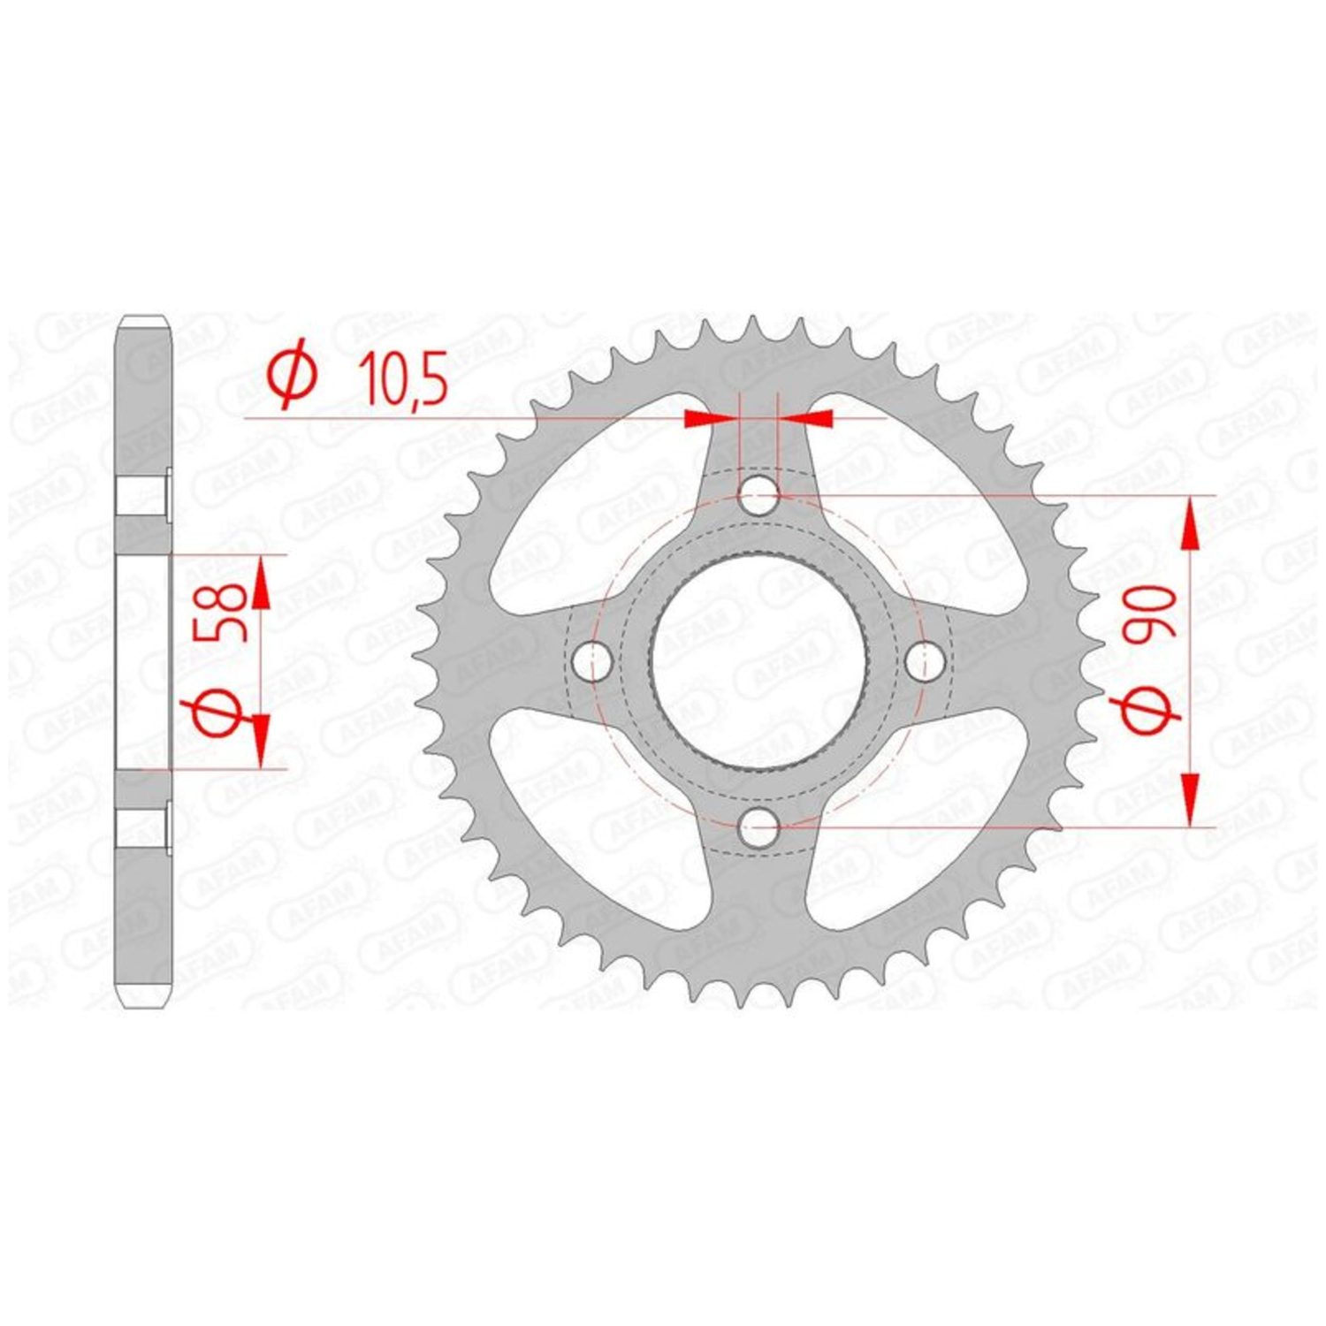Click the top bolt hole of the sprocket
tap(758, 496)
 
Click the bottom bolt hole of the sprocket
tap(758, 828)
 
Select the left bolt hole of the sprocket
tap(592, 661)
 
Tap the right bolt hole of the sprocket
tap(925, 661)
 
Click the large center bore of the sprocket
tap(758, 661)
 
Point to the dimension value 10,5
tap(401, 377)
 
